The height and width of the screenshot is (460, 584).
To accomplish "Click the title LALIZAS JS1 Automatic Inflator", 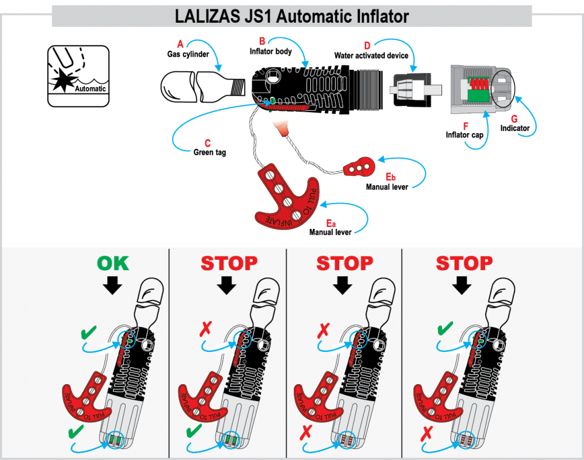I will click(291, 16).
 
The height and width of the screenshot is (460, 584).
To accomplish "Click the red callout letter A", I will click(180, 44).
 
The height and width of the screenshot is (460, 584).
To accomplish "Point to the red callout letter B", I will click(262, 41).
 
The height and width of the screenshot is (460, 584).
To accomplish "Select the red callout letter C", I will click(207, 143).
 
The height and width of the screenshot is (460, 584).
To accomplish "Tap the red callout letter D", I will click(367, 46).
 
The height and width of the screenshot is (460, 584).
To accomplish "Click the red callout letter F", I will click(465, 127).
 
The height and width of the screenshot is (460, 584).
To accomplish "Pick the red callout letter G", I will click(515, 119).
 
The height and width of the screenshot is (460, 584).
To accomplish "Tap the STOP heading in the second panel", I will click(229, 263).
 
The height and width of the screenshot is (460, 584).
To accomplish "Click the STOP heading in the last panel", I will click(464, 263).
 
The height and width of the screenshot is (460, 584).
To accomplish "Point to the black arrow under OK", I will click(113, 285).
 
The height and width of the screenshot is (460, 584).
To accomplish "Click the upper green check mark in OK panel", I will click(89, 333).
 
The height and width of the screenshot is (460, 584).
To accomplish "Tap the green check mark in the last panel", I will click(444, 329).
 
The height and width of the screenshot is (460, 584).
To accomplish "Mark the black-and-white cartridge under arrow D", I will click(409, 90).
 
